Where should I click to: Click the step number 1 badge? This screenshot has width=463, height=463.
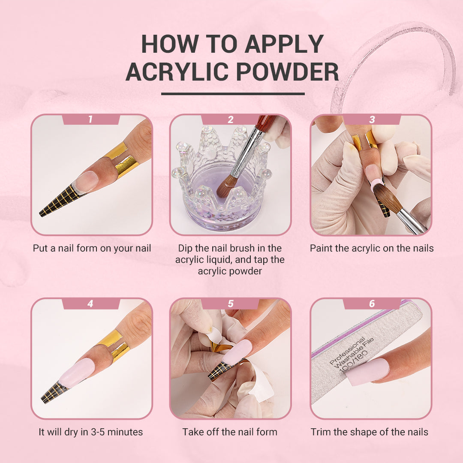[90, 120]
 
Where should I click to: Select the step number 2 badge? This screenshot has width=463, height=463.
[231, 120]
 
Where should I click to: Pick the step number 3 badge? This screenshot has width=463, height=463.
[372, 120]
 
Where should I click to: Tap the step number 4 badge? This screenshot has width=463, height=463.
[90, 304]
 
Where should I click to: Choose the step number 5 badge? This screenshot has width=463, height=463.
[231, 304]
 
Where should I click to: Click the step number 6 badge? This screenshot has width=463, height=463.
[372, 304]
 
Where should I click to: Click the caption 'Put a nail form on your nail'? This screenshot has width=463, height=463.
[92, 248]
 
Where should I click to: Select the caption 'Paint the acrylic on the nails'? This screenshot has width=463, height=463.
[372, 248]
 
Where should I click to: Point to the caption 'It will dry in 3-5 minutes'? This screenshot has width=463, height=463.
[90, 432]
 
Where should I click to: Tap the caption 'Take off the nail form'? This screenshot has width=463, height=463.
[230, 432]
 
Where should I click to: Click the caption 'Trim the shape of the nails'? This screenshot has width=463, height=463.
[369, 432]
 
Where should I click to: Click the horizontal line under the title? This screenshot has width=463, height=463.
[233, 93]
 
